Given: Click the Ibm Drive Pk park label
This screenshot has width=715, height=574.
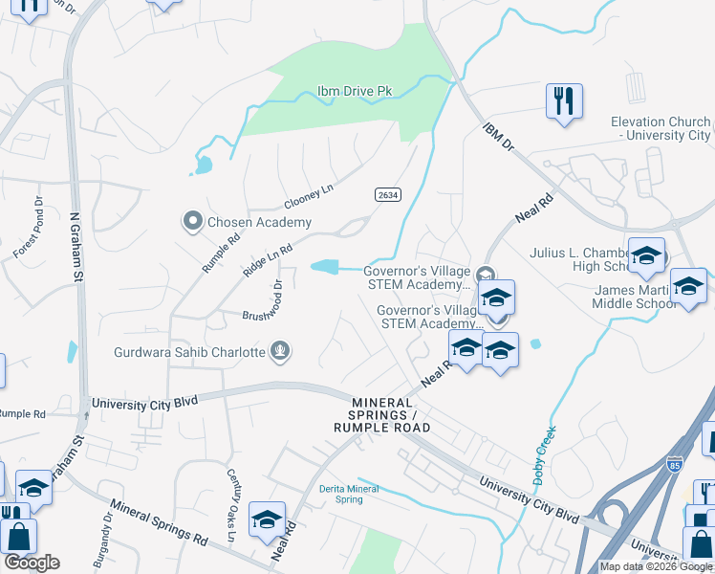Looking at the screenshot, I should tap(355, 93).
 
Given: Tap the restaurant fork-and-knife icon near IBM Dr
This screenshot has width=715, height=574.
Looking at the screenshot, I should tap(564, 99).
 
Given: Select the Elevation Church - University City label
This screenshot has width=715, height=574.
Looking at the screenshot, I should tap(661, 128).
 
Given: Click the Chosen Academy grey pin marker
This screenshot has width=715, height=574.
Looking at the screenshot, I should tap(192, 222).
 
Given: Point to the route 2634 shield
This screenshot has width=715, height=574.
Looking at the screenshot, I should tap(387, 194).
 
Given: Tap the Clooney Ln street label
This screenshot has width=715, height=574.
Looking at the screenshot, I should tap(309, 197).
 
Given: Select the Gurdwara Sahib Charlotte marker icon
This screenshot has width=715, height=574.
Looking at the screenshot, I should tap(280, 351).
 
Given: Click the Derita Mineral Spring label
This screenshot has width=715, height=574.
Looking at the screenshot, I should tap(349, 495).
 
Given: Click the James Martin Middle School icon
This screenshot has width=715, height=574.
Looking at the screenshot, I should tap(688, 285).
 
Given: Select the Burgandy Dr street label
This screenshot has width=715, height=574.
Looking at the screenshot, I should tap(104, 541).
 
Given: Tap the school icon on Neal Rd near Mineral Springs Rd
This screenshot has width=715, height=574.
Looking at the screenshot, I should tap(267, 519).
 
